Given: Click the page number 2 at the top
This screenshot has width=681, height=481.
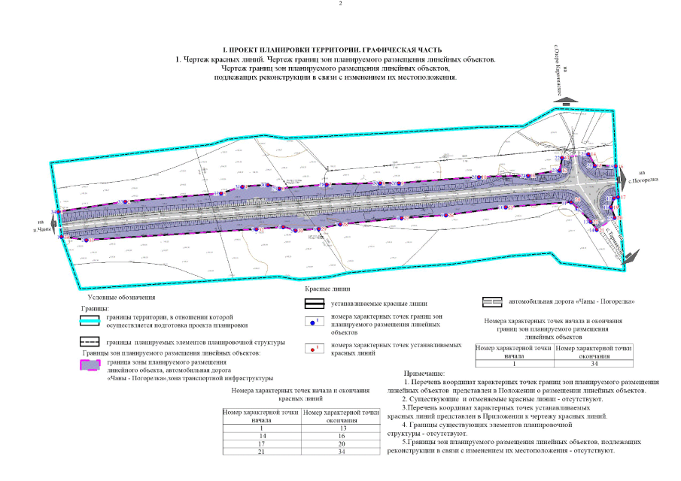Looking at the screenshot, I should point(341,5).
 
